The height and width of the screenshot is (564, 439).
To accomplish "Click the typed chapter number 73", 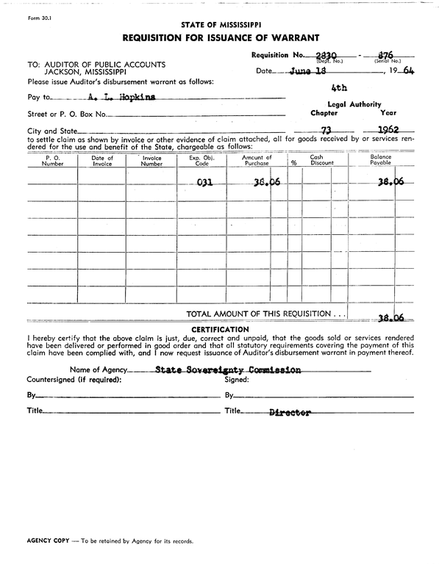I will (x=318, y=131).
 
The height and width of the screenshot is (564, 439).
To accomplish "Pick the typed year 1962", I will (x=388, y=131).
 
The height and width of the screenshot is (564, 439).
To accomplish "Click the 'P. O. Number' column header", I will (x=52, y=161).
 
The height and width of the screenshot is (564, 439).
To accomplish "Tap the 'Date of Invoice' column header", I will (x=102, y=161).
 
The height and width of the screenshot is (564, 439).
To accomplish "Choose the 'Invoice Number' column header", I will (x=151, y=161).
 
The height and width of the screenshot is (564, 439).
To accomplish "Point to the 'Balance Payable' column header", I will (x=380, y=161).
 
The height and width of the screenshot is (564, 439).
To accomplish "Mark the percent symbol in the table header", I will (x=293, y=163).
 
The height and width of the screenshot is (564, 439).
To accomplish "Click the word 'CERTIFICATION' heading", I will (x=220, y=329).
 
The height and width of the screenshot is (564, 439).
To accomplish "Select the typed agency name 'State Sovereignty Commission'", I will (x=228, y=370).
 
